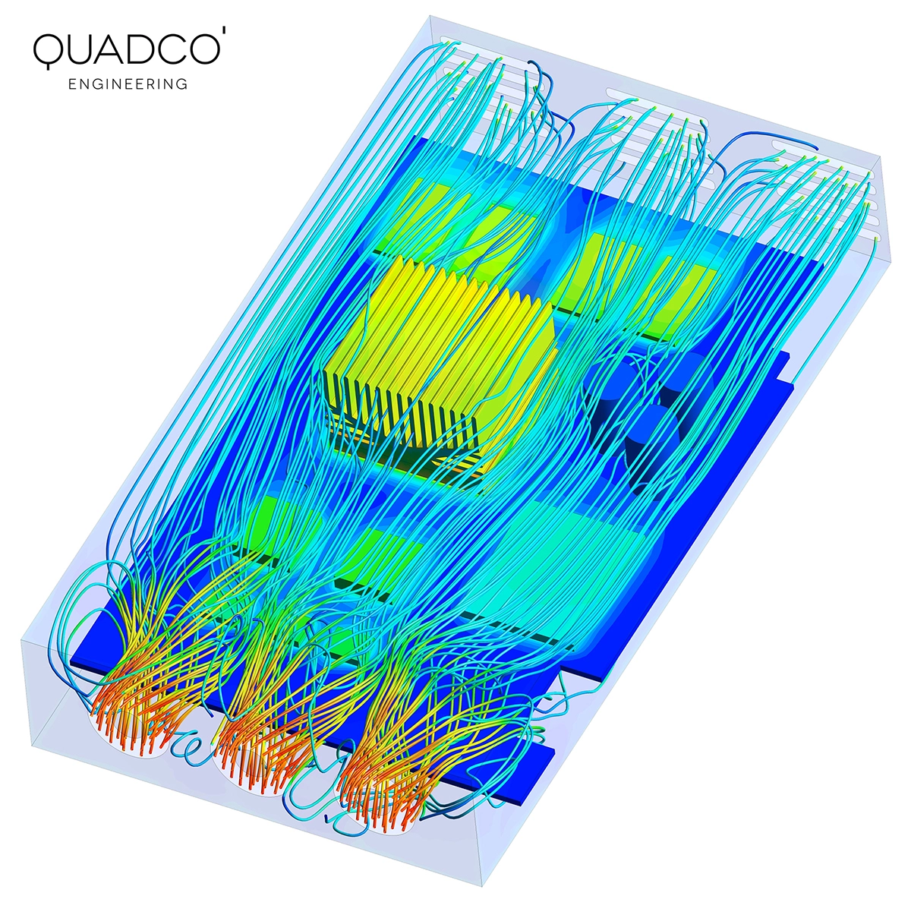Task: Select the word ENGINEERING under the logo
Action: coord(128,84)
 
